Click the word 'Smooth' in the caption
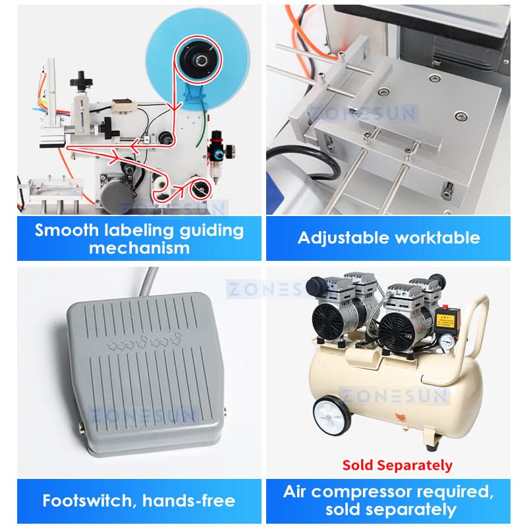[67, 231]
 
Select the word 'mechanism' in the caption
[139, 248]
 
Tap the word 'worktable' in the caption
[437, 238]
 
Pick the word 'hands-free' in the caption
[188, 501]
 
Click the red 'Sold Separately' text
[397, 466]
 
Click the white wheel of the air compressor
[332, 415]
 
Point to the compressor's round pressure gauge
[447, 342]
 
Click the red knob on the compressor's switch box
[446, 307]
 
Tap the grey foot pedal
[144, 373]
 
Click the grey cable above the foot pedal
[149, 281]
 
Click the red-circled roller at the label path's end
[200, 188]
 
